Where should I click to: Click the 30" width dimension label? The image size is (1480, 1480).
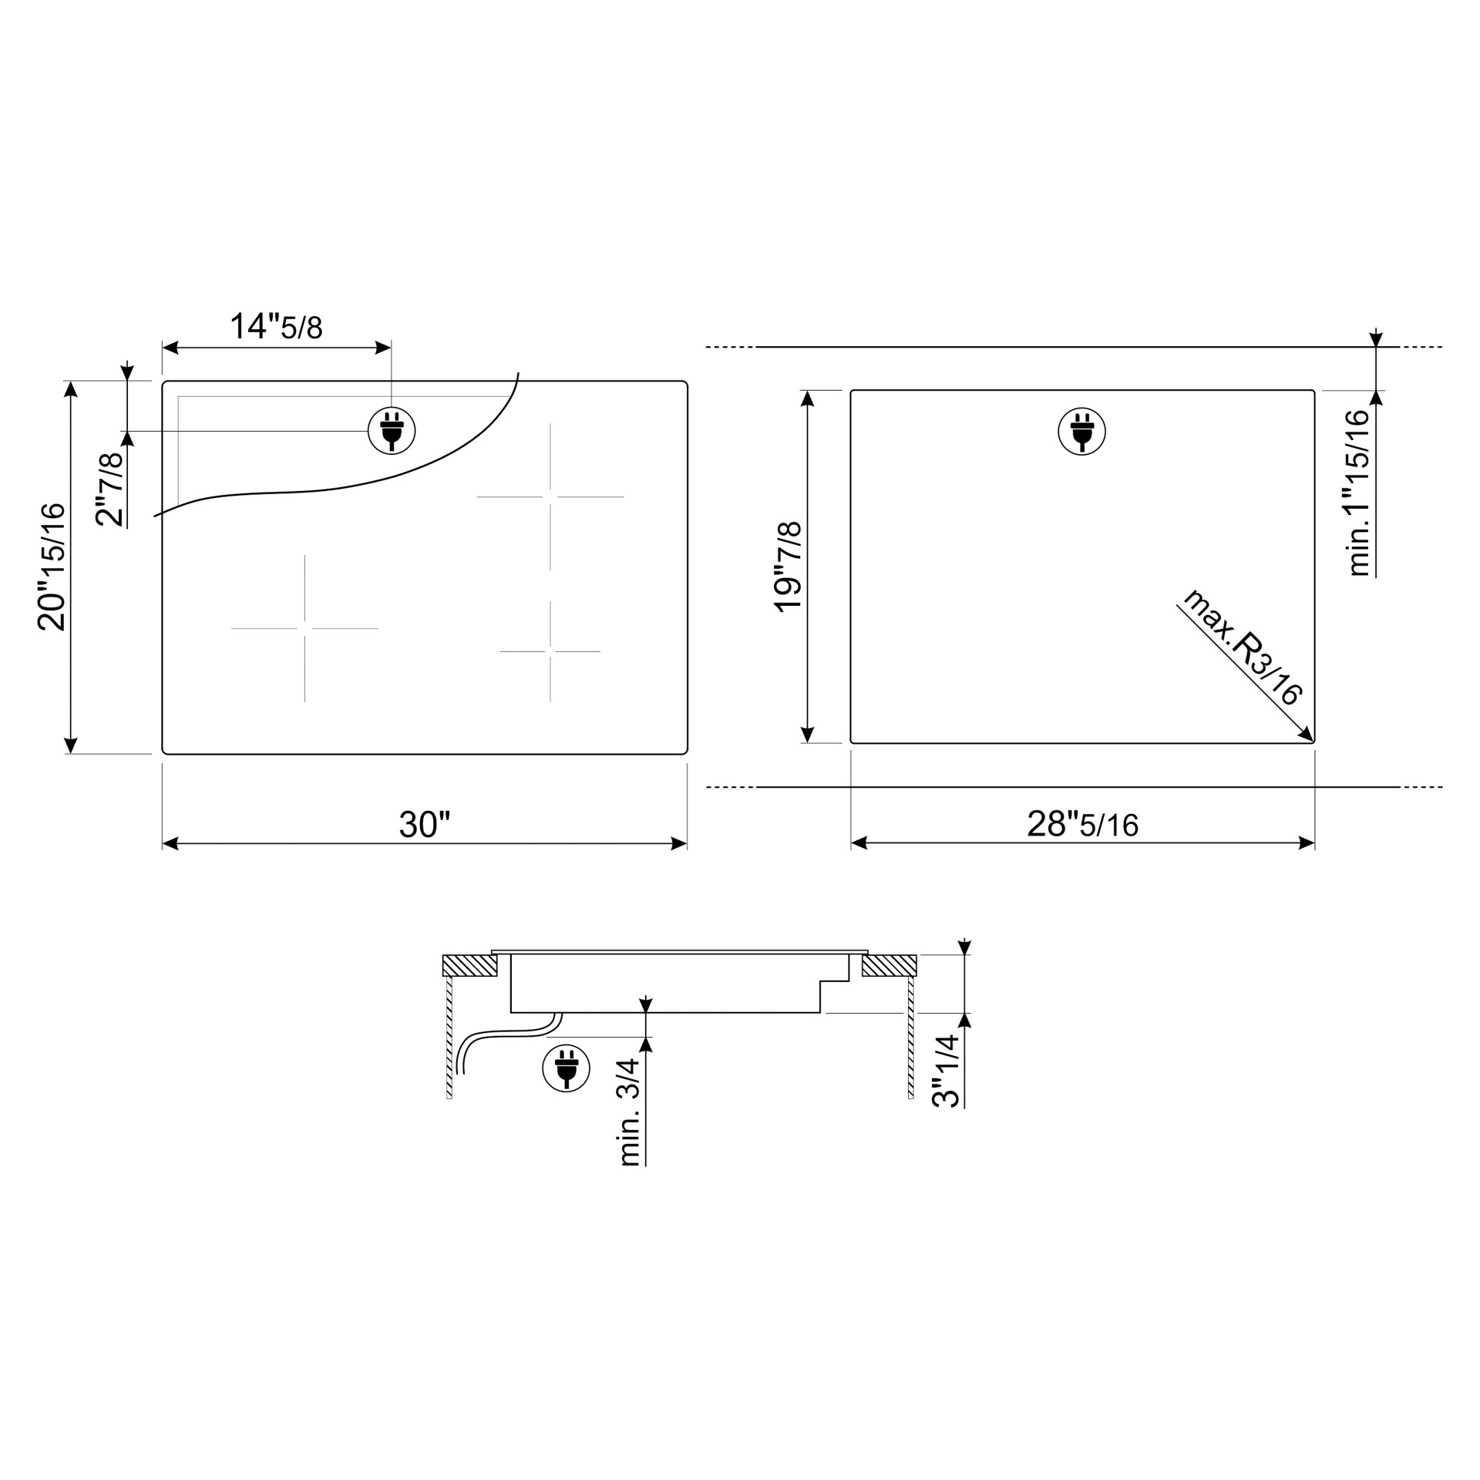(424, 825)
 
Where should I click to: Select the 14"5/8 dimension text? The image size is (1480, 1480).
(276, 326)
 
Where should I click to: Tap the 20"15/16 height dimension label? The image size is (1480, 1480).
(52, 567)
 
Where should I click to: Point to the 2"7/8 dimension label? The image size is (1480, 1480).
(109, 489)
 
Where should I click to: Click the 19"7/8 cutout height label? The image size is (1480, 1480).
(788, 567)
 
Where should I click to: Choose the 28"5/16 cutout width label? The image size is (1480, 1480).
(1082, 825)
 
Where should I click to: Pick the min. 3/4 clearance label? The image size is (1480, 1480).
(630, 1112)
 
